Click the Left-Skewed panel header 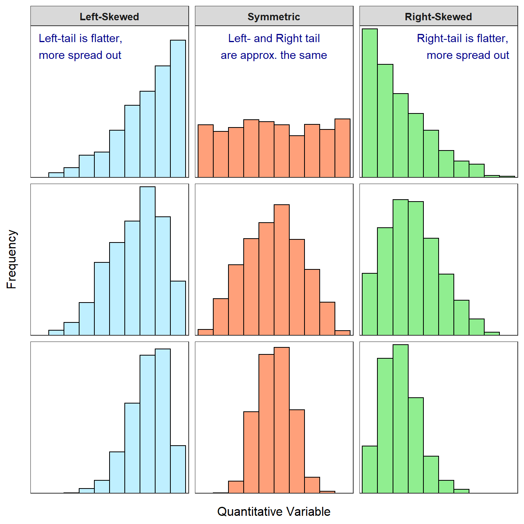109,17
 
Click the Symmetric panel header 274,17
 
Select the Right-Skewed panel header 438,17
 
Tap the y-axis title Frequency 12,259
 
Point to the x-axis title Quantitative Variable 274,512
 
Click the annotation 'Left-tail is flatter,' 80,38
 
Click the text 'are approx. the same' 274,55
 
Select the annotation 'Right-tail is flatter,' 462,38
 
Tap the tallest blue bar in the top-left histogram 178,109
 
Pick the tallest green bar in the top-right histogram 370,103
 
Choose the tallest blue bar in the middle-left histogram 147,261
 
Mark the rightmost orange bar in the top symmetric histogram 342,148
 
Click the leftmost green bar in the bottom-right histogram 370,469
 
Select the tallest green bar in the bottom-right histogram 400,419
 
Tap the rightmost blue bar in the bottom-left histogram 178,469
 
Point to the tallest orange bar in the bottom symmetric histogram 281,420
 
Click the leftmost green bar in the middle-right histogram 370,304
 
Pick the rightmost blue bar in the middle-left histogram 178,308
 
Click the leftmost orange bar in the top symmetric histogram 205,151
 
